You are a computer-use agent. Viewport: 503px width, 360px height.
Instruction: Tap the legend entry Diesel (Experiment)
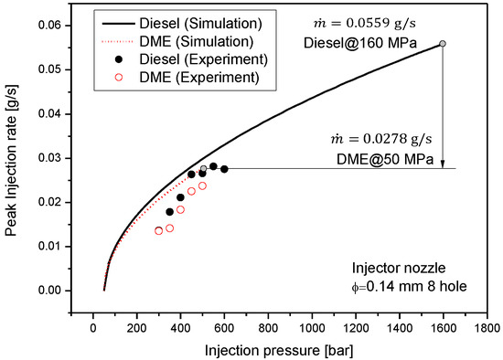[191, 59]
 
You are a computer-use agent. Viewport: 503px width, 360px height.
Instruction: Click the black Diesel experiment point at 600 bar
[224, 169]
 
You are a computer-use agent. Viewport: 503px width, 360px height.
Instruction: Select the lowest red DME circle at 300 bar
[159, 231]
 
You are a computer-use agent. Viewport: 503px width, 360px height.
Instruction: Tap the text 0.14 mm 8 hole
[402, 286]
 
